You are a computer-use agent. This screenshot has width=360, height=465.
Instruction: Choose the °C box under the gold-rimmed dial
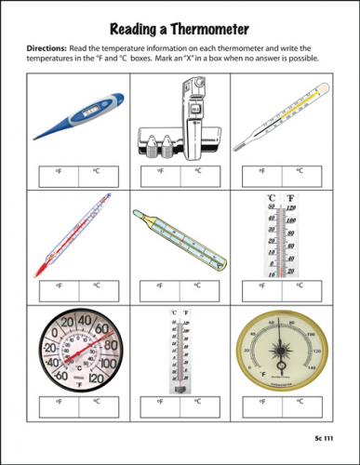click(300, 405)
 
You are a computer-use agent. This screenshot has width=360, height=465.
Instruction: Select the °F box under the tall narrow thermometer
click(160, 405)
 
